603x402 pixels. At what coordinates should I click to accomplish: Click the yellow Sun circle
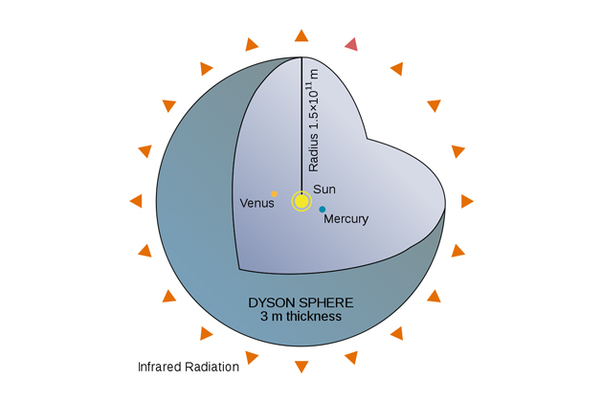tap(301, 201)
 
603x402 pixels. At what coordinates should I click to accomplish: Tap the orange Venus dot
tap(274, 193)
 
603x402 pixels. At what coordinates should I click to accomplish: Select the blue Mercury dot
tap(323, 209)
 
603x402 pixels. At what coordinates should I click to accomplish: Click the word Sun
tap(324, 190)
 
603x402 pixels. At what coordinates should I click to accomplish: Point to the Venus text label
tap(256, 203)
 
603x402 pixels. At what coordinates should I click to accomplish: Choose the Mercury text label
tap(346, 219)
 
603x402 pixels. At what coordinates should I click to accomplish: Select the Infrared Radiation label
tap(188, 367)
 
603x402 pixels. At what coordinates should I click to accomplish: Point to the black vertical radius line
tap(301, 124)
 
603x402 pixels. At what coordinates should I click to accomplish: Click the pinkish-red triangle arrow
tap(352, 43)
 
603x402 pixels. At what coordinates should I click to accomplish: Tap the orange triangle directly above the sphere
tap(301, 36)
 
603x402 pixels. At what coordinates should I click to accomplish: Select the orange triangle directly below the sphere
tap(301, 366)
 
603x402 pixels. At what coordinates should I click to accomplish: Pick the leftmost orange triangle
tap(136, 201)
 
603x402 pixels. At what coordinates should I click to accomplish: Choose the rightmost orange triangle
tap(467, 201)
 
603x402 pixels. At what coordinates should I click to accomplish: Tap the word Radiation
tap(212, 367)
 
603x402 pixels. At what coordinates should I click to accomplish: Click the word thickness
tap(311, 316)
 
